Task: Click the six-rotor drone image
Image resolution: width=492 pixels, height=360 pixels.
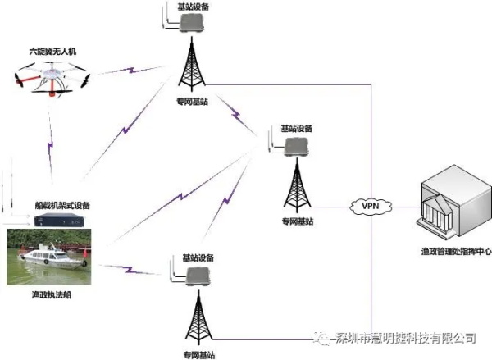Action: (x=52, y=79)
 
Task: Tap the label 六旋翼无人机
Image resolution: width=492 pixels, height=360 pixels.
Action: (x=52, y=52)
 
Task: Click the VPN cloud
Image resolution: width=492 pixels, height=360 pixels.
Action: (x=371, y=206)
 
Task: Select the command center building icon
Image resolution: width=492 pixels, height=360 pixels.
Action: (x=454, y=201)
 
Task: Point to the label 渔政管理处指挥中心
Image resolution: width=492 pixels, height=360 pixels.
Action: (x=456, y=251)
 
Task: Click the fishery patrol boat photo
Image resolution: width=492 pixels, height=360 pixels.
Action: (x=49, y=257)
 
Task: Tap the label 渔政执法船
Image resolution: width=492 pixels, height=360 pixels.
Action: (x=52, y=294)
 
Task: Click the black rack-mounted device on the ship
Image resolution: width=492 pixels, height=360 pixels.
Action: (x=59, y=220)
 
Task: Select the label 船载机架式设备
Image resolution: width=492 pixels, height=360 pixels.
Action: (x=62, y=206)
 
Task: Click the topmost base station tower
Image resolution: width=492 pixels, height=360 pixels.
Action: (x=192, y=64)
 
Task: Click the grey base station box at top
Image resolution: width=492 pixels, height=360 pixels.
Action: (x=192, y=23)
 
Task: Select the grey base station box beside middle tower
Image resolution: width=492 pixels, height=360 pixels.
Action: (x=297, y=148)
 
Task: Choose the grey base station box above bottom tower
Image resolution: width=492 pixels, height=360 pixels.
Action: (x=198, y=276)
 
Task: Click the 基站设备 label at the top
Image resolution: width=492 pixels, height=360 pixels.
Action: (x=194, y=7)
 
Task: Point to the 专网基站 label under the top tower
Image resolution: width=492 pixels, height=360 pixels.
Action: (x=192, y=102)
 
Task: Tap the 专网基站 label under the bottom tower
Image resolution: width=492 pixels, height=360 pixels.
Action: (x=199, y=355)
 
